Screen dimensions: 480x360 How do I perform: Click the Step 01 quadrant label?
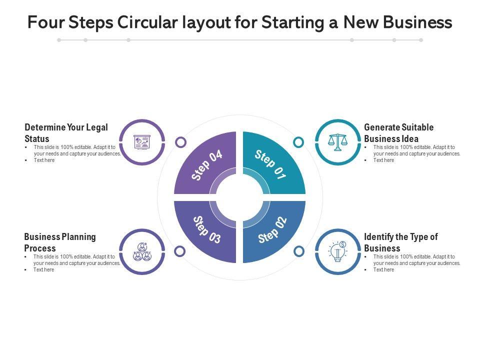tap(270, 164)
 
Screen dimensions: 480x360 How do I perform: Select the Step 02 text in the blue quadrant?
tap(273, 230)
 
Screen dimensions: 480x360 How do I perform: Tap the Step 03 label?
tap(206, 230)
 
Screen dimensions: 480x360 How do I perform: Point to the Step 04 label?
tap(207, 165)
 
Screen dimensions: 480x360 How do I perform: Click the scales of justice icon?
tap(337, 142)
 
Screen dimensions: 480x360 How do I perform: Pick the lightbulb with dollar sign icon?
tap(338, 251)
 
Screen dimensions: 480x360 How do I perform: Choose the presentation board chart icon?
tap(142, 142)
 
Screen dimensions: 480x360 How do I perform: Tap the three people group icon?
tap(142, 251)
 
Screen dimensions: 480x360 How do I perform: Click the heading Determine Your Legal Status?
tap(66, 133)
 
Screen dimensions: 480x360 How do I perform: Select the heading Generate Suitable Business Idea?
tap(398, 133)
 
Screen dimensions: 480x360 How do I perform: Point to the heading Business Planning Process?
tap(60, 242)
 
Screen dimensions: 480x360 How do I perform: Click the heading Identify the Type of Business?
tap(400, 242)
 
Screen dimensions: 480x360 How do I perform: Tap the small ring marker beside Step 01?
tap(298, 142)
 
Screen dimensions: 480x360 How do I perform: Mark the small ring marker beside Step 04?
tap(181, 142)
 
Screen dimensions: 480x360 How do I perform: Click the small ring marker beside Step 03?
tap(180, 251)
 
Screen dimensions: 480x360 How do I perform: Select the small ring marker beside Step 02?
tap(299, 251)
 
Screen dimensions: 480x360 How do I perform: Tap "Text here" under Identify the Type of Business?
tap(383, 270)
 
